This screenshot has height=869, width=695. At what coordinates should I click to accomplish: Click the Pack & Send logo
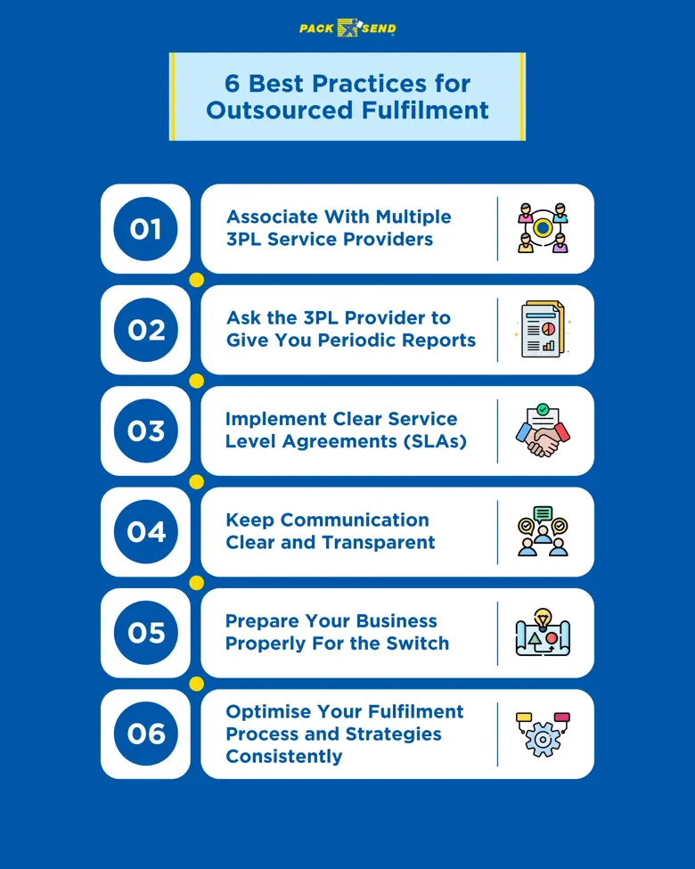(x=347, y=29)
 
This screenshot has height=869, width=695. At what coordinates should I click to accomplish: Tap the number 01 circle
(x=145, y=229)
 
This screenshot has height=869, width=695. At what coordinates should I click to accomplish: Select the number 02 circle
(x=145, y=330)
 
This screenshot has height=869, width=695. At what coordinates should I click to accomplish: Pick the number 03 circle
(x=145, y=430)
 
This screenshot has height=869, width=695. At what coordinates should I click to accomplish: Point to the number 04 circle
(x=145, y=532)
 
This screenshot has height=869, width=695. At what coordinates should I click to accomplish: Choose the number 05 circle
(x=145, y=633)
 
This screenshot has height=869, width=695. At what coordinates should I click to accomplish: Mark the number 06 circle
(x=145, y=734)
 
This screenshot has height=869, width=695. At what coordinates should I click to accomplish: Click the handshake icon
(x=543, y=431)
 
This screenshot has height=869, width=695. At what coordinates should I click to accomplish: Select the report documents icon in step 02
(x=543, y=330)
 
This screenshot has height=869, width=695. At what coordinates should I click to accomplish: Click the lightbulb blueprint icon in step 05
(x=543, y=633)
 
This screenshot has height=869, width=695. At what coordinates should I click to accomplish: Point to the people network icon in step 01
(x=543, y=229)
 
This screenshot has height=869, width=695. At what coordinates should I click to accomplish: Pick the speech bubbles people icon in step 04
(x=543, y=532)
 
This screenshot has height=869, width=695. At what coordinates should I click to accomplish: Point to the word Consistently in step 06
(x=284, y=756)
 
